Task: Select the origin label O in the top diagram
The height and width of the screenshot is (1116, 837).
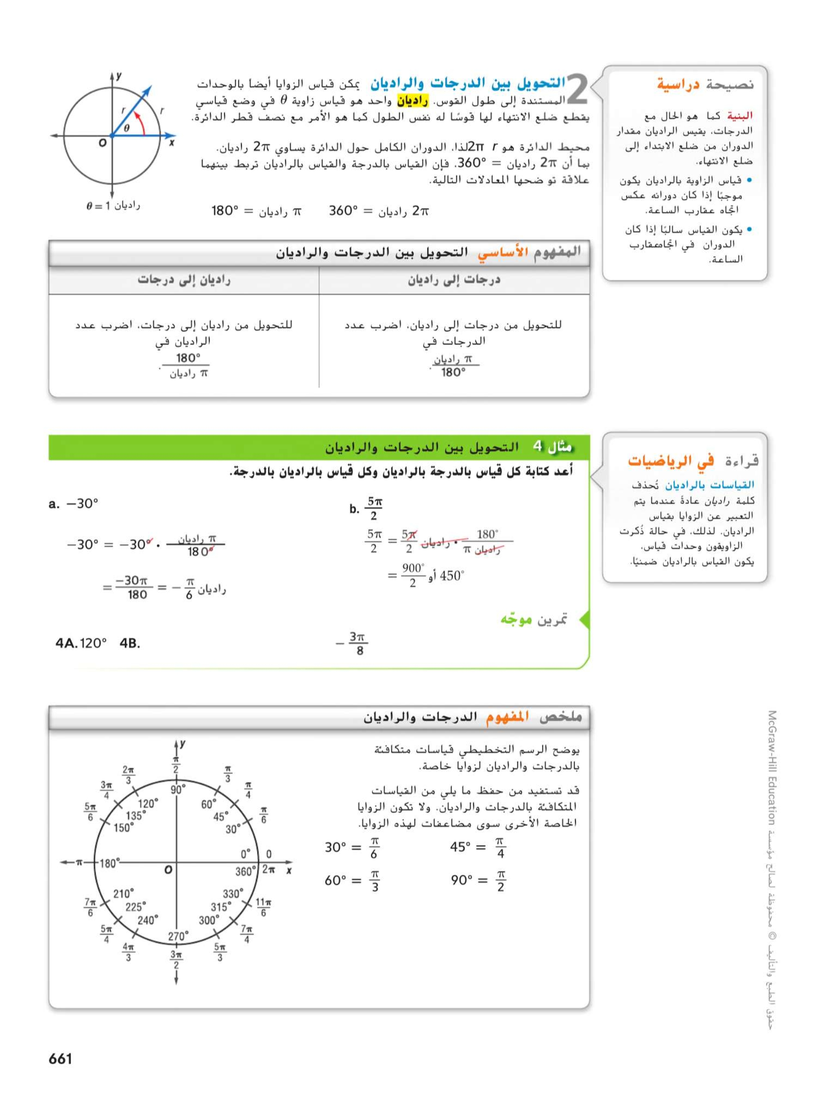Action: point(102,143)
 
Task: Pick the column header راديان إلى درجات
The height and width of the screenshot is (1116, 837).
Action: point(184,280)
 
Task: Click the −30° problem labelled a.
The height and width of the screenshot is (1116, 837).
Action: point(74,504)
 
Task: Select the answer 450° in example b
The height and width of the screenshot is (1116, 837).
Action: point(452,576)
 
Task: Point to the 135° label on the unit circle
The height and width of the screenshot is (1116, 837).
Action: point(136,816)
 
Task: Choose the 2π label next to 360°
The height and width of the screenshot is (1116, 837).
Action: point(268,869)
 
